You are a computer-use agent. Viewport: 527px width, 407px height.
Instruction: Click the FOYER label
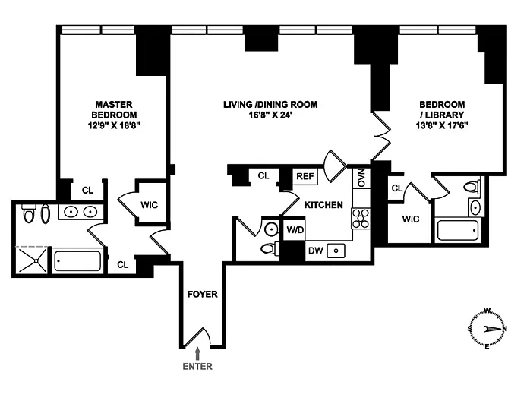click(202, 294)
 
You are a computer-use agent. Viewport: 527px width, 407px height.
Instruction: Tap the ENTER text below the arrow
click(197, 366)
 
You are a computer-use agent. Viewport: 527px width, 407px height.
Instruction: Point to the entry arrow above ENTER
click(197, 354)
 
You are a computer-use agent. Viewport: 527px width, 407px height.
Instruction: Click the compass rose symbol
click(487, 329)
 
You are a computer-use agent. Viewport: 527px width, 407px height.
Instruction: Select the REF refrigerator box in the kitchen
click(305, 176)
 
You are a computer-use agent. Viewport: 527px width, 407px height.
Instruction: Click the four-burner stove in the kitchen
click(361, 219)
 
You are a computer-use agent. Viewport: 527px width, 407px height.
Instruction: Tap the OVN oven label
click(361, 178)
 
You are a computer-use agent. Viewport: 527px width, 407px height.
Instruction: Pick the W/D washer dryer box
click(295, 230)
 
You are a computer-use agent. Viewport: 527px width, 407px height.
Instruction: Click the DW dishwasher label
click(316, 251)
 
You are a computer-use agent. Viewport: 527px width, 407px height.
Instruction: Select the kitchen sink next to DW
click(336, 251)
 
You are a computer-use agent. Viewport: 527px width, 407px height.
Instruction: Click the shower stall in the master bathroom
click(32, 260)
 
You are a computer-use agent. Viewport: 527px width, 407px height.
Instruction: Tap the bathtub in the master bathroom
click(77, 260)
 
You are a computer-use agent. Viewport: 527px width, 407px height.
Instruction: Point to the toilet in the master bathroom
click(28, 213)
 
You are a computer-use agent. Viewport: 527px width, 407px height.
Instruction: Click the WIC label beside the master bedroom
click(150, 205)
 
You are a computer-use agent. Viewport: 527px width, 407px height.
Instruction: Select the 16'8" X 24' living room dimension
click(270, 115)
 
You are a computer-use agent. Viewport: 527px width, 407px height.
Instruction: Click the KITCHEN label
click(323, 205)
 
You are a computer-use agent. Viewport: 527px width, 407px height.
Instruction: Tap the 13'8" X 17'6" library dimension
click(442, 125)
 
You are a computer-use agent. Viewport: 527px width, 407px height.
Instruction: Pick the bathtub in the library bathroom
click(457, 230)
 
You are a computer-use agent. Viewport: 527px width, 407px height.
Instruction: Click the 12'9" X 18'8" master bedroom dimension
click(114, 125)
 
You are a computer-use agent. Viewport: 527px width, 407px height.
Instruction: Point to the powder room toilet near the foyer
click(270, 249)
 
